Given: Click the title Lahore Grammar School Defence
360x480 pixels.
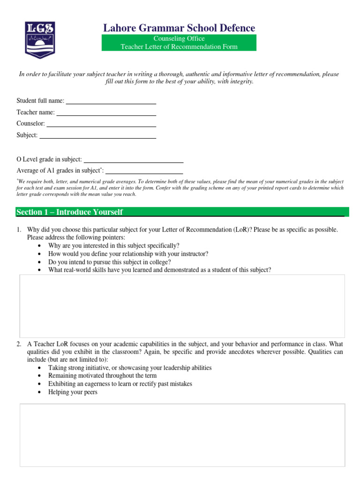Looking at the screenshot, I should (x=179, y=28).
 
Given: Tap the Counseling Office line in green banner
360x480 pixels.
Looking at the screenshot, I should (x=179, y=39).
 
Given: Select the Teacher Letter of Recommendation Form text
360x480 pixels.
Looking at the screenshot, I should (x=179, y=46).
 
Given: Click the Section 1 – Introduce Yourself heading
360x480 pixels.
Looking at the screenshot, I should (x=69, y=212).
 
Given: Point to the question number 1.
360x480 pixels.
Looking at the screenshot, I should (x=19, y=230).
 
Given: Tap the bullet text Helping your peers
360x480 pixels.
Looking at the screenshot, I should (x=73, y=392).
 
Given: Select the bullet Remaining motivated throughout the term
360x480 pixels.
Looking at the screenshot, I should (x=102, y=376).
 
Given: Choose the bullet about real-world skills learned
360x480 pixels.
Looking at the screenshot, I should (x=159, y=270).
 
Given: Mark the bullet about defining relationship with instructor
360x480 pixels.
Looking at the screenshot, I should (x=128, y=254).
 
